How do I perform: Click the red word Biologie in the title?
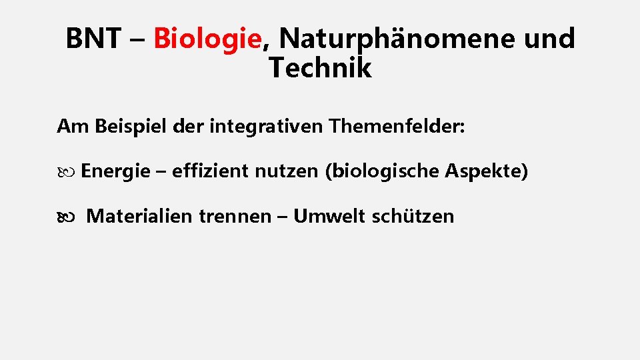coord(207,39)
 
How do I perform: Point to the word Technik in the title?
coord(320,68)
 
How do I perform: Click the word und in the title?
coord(549,39)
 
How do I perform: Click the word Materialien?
coord(143,216)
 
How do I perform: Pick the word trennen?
coord(239,216)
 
